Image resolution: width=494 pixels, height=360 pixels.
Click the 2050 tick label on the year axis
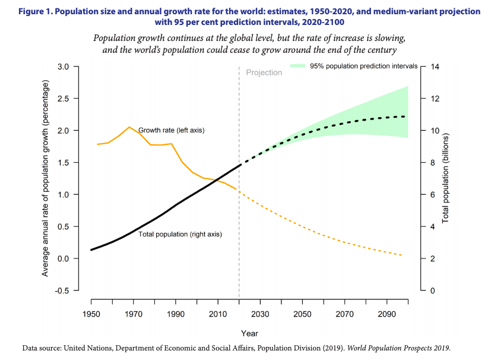click(x=302, y=314)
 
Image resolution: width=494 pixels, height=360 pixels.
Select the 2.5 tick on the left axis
click(x=62, y=98)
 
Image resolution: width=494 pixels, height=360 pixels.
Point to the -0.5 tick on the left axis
click(x=61, y=290)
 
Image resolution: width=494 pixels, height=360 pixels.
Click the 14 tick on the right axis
click(x=435, y=67)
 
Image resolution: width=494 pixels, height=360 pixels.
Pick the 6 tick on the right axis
click(x=433, y=195)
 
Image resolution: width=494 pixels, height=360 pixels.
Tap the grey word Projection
click(x=264, y=72)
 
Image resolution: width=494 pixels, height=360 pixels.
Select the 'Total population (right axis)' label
click(x=180, y=234)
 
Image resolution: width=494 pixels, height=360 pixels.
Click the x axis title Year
click(x=249, y=333)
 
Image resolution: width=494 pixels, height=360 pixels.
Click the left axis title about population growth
click(x=45, y=178)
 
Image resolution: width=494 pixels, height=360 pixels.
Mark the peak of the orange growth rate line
click(x=129, y=127)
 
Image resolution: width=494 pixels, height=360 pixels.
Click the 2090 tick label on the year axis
click(x=386, y=314)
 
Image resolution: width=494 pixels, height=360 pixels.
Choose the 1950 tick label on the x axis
click(x=91, y=314)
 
